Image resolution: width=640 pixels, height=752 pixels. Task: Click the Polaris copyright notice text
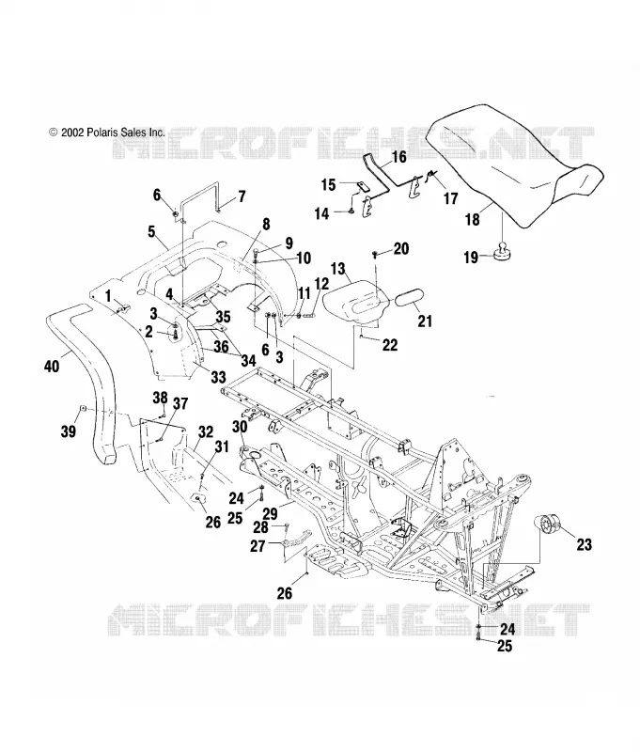tap(107, 133)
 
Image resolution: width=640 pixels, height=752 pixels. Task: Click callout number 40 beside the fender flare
tap(52, 367)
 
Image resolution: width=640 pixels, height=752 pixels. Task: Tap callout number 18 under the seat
tap(472, 220)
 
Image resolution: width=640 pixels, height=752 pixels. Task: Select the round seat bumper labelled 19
tap(501, 251)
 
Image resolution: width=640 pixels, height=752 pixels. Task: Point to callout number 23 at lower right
tap(584, 544)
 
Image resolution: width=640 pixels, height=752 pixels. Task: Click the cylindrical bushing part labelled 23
tap(549, 524)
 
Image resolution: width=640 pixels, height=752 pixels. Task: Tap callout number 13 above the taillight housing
tap(338, 269)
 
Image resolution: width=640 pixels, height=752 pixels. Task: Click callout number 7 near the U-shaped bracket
tap(242, 196)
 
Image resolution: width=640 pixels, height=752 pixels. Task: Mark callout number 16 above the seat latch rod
tap(398, 157)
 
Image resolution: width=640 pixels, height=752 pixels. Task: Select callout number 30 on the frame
tap(240, 427)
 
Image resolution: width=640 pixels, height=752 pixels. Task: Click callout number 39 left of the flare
tap(68, 431)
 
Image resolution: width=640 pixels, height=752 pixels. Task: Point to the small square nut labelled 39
tap(83, 409)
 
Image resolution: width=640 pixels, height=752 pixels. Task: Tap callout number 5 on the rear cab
tap(151, 231)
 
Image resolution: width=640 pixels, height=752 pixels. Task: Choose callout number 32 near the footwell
tap(206, 431)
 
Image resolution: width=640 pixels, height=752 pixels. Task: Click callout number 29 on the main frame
tap(271, 513)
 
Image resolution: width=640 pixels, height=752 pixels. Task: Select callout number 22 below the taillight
tap(390, 344)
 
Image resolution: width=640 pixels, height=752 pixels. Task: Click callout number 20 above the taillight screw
tap(401, 248)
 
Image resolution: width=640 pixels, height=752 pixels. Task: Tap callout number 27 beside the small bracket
tap(258, 546)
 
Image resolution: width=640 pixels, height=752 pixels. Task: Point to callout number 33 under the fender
tap(218, 377)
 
